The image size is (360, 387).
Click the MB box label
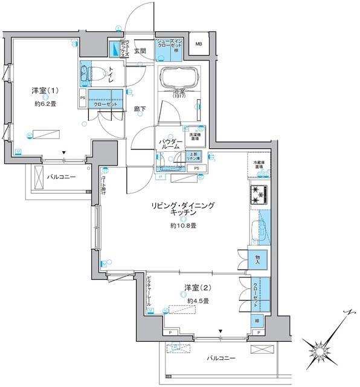click(x=199, y=44)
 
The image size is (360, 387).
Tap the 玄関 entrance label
click(x=141, y=51)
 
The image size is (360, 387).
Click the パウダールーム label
click(x=171, y=144)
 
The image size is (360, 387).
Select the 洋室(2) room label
click(x=194, y=289)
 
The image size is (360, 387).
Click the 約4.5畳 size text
click(x=198, y=301)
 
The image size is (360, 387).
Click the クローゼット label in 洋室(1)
click(x=105, y=104)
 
